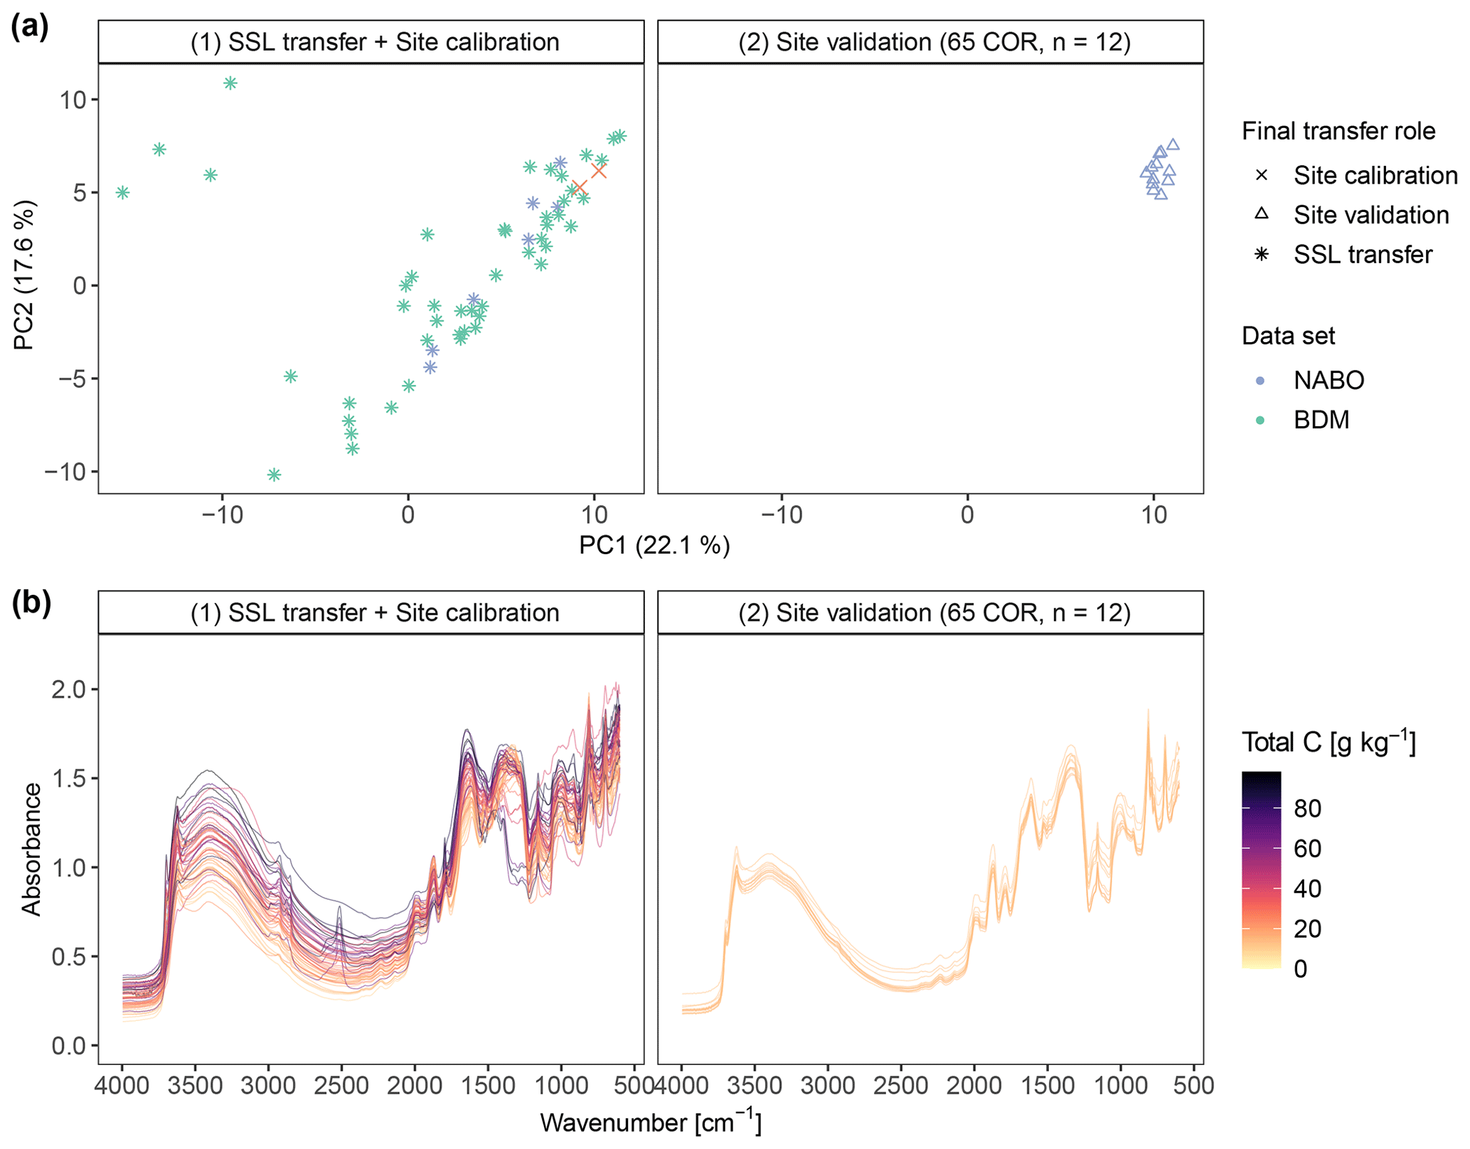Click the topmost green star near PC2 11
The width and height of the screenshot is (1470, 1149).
(x=230, y=83)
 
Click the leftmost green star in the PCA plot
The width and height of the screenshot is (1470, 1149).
(x=123, y=192)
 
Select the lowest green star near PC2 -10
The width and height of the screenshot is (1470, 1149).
(x=274, y=475)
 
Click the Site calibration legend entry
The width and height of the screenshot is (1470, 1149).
(x=1375, y=175)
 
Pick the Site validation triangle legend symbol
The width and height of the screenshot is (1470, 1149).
(x=1262, y=213)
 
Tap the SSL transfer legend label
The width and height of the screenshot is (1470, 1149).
(x=1363, y=255)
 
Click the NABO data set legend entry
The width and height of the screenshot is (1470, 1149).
(x=1328, y=380)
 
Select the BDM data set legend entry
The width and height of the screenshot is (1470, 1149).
(x=1321, y=420)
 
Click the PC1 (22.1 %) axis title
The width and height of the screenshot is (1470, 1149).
(x=654, y=545)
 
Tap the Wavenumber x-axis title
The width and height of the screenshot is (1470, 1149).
(x=651, y=1123)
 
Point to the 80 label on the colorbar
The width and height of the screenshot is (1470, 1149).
(x=1308, y=808)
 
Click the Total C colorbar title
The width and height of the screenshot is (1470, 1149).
(x=1328, y=742)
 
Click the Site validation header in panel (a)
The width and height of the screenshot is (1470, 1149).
(x=934, y=42)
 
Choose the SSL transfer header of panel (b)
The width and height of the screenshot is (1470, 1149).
(x=374, y=613)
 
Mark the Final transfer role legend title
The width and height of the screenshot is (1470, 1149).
(x=1338, y=131)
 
